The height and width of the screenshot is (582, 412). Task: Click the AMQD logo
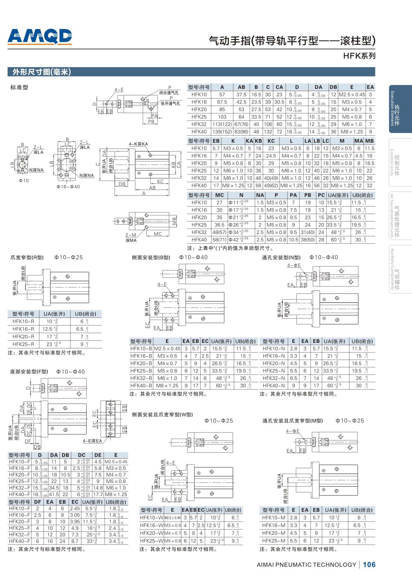click(40, 37)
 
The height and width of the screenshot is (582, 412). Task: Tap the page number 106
click(369, 565)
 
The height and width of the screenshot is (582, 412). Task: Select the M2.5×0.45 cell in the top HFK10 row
click(352, 95)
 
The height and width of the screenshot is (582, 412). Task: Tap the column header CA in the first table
click(279, 87)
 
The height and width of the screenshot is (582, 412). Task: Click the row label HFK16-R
click(23, 329)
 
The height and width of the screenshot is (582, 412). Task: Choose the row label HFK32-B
click(141, 378)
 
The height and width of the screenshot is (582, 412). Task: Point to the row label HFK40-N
click(274, 386)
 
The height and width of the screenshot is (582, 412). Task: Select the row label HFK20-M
click(274, 533)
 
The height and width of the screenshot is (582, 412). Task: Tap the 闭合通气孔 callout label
click(169, 93)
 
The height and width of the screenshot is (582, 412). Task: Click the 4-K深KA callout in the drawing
click(138, 144)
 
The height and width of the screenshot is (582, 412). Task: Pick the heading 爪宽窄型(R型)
click(27, 257)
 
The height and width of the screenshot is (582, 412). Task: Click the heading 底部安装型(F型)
click(29, 372)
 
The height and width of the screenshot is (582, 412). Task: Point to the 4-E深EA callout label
click(92, 441)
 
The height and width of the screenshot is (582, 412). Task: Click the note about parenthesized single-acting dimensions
click(230, 248)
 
